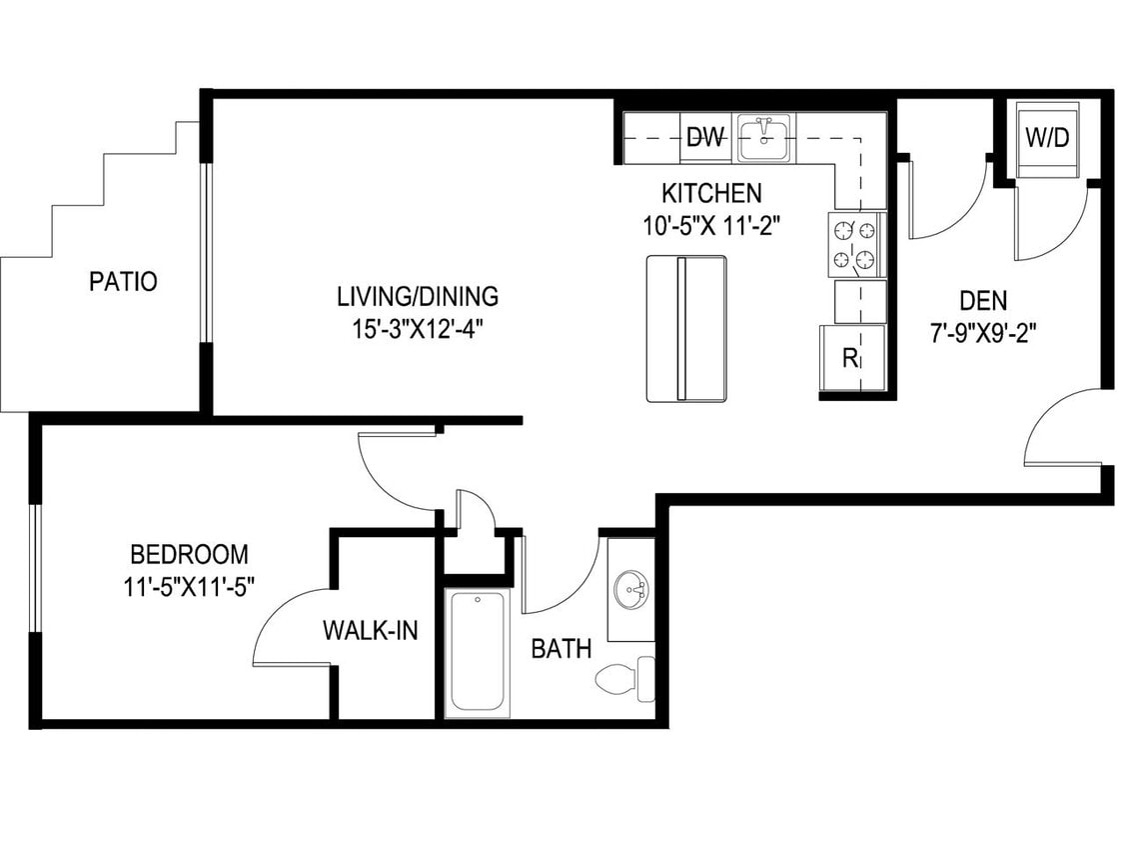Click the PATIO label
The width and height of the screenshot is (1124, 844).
point(123,282)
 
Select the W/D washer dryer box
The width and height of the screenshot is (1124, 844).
point(1047,138)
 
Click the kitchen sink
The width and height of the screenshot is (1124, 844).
point(764,138)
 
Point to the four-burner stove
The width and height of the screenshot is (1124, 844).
point(856,245)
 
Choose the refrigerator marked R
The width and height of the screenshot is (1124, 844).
point(852,358)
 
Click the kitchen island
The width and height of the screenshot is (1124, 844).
point(685,328)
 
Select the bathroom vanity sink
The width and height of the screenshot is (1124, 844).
point(631,589)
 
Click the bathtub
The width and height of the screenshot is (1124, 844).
point(478,652)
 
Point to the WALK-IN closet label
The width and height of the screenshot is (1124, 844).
point(370,631)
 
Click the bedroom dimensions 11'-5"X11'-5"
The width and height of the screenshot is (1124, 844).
point(190,586)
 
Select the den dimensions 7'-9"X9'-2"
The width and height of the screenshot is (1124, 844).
point(982,332)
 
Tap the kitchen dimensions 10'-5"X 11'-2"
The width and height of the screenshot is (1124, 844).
point(711,225)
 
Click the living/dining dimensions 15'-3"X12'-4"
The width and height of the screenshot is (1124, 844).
point(418,329)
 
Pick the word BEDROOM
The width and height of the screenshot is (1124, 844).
point(190,554)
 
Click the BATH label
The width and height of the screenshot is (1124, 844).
point(561,649)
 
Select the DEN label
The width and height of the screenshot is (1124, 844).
point(983,300)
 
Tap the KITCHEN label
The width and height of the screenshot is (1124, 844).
point(711,193)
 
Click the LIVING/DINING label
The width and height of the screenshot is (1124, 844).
point(418,297)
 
